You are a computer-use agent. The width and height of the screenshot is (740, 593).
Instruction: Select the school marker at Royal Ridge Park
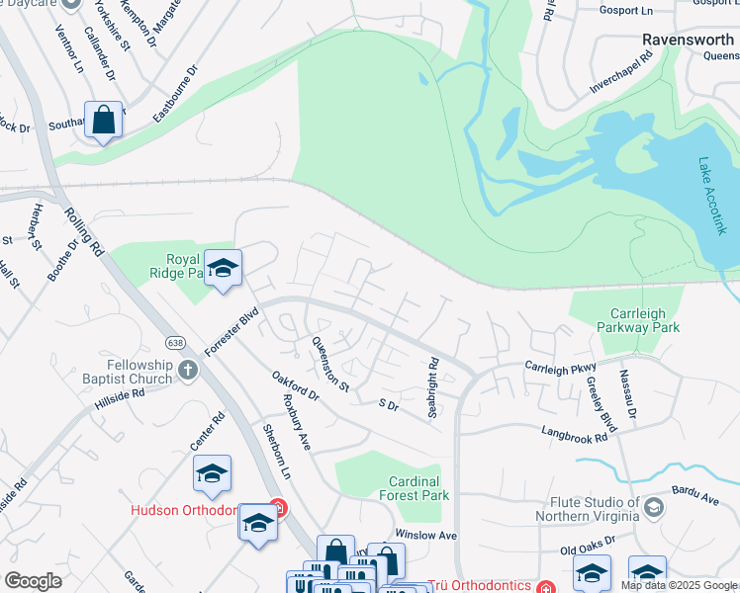pos(224,269)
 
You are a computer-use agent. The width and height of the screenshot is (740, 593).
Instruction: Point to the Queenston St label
pos(330,364)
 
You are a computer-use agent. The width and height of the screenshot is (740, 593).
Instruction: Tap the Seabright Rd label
pos(433,387)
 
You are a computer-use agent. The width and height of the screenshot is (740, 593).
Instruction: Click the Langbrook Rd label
pos(574,433)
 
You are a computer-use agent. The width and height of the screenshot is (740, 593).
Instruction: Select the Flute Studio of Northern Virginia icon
pos(653,508)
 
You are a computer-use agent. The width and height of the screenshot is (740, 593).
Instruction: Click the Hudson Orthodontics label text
pos(185,510)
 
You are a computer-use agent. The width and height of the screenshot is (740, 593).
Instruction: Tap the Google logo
pos(33,581)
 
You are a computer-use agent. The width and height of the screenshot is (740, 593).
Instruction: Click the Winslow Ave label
pos(426,535)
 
